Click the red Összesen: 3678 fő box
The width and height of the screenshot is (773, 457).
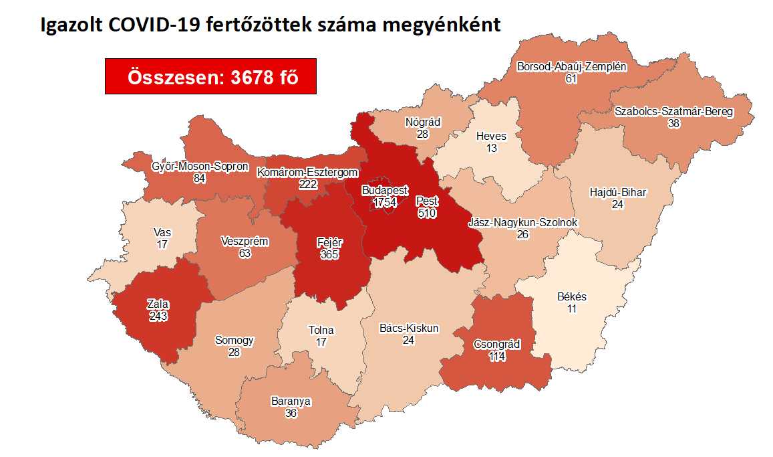(x=210, y=77)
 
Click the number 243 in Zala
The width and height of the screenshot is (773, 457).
(x=159, y=316)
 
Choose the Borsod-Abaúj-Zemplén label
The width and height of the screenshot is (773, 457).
(x=571, y=66)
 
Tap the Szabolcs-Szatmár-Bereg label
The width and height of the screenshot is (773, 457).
(x=674, y=112)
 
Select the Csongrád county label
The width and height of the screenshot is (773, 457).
(x=496, y=344)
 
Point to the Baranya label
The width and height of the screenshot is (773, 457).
(x=291, y=401)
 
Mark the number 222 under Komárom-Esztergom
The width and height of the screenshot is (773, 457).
(x=307, y=184)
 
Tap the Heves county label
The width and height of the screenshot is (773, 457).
(x=491, y=136)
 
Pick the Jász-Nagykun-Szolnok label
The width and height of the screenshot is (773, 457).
(x=523, y=222)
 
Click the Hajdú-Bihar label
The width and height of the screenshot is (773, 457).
(x=617, y=193)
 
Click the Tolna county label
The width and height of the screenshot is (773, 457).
(x=321, y=330)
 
